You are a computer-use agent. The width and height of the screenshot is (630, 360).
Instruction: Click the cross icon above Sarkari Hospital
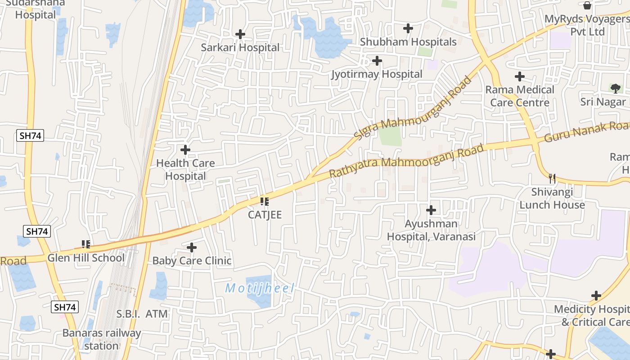240,34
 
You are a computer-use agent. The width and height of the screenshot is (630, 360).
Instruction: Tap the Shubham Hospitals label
408,42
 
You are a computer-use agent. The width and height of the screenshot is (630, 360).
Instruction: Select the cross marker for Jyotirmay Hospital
377,60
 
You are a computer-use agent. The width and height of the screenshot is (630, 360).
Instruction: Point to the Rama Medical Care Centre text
520,96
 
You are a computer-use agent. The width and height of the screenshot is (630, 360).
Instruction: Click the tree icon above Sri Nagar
615,88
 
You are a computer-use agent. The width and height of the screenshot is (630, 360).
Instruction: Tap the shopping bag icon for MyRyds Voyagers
587,5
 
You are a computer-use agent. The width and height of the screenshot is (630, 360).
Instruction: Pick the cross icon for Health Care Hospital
185,149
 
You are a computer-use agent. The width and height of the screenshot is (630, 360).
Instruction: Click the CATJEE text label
265,215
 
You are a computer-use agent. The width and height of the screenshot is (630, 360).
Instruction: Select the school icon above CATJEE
265,201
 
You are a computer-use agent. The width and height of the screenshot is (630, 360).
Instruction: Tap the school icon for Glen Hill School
86,244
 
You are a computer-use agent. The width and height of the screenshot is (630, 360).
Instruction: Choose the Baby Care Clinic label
192,261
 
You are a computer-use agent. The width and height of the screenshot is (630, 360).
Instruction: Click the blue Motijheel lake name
260,288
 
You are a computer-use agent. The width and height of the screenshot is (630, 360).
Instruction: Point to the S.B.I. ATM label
142,314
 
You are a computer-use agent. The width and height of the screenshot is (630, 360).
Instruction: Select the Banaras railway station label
101,339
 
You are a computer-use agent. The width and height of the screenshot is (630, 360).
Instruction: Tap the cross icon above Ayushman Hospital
431,210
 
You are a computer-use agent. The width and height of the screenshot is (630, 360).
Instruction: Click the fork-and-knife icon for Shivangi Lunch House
552,178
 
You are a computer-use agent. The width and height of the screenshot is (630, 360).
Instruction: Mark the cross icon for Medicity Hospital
596,296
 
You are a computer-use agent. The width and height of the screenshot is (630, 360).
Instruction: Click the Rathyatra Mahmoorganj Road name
406,161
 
